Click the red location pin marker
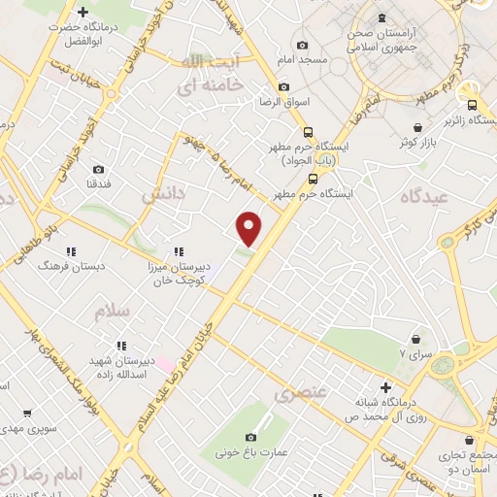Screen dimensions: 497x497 (x=249, y=228)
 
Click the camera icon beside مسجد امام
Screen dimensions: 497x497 (x=302, y=46)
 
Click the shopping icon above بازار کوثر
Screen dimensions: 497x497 (x=417, y=127)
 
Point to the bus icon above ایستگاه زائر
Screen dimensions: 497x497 (x=471, y=106)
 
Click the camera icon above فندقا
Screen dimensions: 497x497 (x=98, y=166)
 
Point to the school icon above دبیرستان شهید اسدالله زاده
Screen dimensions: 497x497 (x=120, y=345)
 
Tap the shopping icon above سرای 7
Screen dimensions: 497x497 (x=416, y=340)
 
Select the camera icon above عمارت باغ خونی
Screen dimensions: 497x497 (x=251, y=438)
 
